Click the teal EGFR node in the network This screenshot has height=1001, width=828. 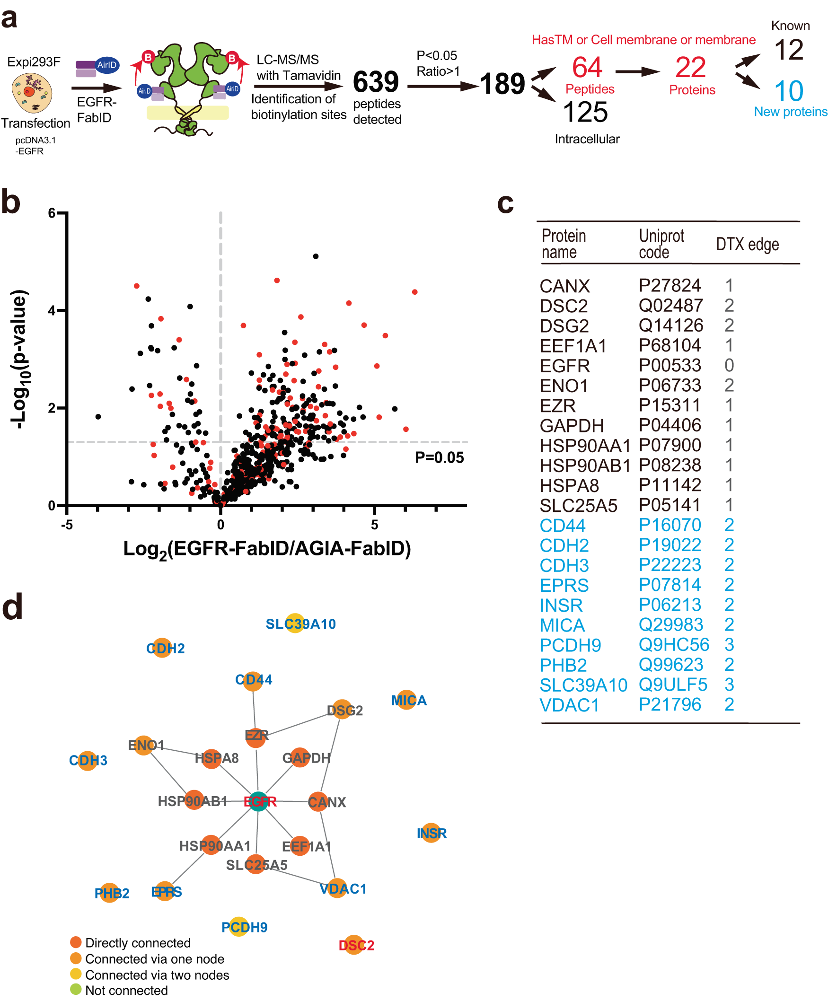coord(258,801)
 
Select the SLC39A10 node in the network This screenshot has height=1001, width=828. coord(295,623)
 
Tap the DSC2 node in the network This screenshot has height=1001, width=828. coord(354,944)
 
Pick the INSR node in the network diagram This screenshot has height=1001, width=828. coord(431,833)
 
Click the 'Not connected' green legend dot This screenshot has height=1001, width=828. coord(76,989)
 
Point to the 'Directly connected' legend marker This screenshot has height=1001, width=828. coord(76,942)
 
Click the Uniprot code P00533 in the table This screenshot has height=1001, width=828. coord(669,365)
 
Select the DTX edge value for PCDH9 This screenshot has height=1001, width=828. coord(729,644)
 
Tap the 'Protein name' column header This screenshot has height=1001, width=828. coord(564,244)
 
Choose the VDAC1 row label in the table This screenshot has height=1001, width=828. coord(569,705)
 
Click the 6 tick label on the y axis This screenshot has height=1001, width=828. coord(52,213)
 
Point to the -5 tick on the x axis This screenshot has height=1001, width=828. coord(67,525)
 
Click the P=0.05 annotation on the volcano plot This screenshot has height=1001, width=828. coord(439,457)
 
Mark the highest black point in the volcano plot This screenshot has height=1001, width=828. coord(316,256)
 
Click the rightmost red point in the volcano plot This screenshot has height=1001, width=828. coord(415,292)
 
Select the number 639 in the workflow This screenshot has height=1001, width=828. coord(376,82)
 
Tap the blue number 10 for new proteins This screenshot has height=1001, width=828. coord(788,91)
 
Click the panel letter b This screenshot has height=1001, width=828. coord(11,202)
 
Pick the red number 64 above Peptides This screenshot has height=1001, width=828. coord(587,67)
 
